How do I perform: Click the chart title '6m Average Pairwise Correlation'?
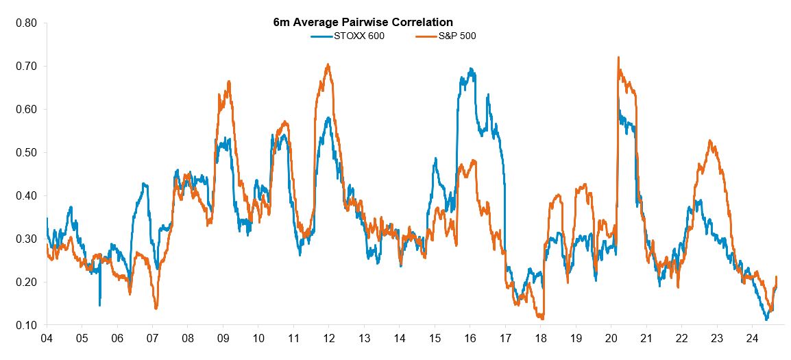[363, 23]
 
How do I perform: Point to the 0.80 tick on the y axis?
[26, 23]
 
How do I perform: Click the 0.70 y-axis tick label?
[26, 67]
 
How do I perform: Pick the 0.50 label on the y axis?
[26, 153]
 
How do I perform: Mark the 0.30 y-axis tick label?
[26, 239]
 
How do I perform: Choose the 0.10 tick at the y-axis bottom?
[26, 325]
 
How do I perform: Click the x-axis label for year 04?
[47, 338]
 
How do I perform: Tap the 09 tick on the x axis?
[223, 338]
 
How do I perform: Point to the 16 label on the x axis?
[470, 338]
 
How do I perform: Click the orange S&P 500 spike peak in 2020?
[618, 58]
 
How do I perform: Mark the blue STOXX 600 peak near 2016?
[471, 69]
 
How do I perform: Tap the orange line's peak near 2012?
[328, 65]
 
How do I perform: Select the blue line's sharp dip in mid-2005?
[99, 304]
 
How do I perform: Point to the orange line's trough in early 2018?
[542, 318]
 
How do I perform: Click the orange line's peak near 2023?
[710, 141]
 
